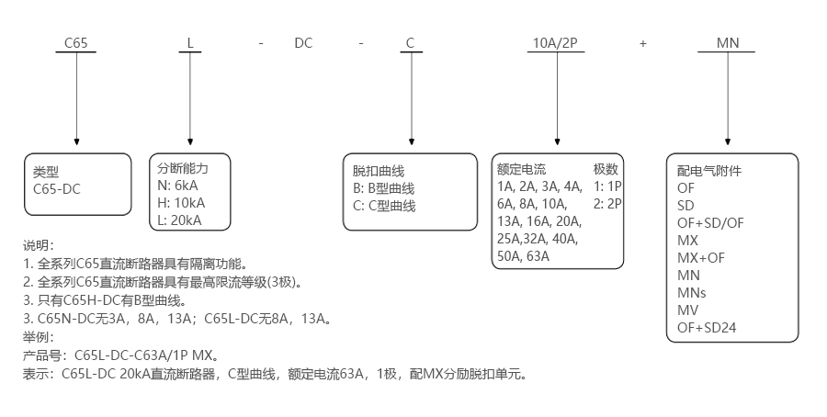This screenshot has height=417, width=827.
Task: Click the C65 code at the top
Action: [76, 43]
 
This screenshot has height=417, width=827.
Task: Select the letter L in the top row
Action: [189, 43]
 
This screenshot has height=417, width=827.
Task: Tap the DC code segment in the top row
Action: [304, 43]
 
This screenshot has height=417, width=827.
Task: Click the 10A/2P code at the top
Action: [555, 43]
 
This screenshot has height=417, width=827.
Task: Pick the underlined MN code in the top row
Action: [727, 43]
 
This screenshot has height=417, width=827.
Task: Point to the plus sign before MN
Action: [643, 43]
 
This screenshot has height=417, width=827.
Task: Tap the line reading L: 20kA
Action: [180, 220]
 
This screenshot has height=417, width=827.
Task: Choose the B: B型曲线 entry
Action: [385, 188]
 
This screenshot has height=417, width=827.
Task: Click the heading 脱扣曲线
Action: [379, 171]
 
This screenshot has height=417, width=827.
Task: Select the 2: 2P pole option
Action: [607, 204]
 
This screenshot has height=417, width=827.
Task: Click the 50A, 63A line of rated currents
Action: [523, 256]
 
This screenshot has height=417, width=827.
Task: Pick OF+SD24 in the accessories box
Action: [707, 327]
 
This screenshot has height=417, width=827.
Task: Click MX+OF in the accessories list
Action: [700, 257]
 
